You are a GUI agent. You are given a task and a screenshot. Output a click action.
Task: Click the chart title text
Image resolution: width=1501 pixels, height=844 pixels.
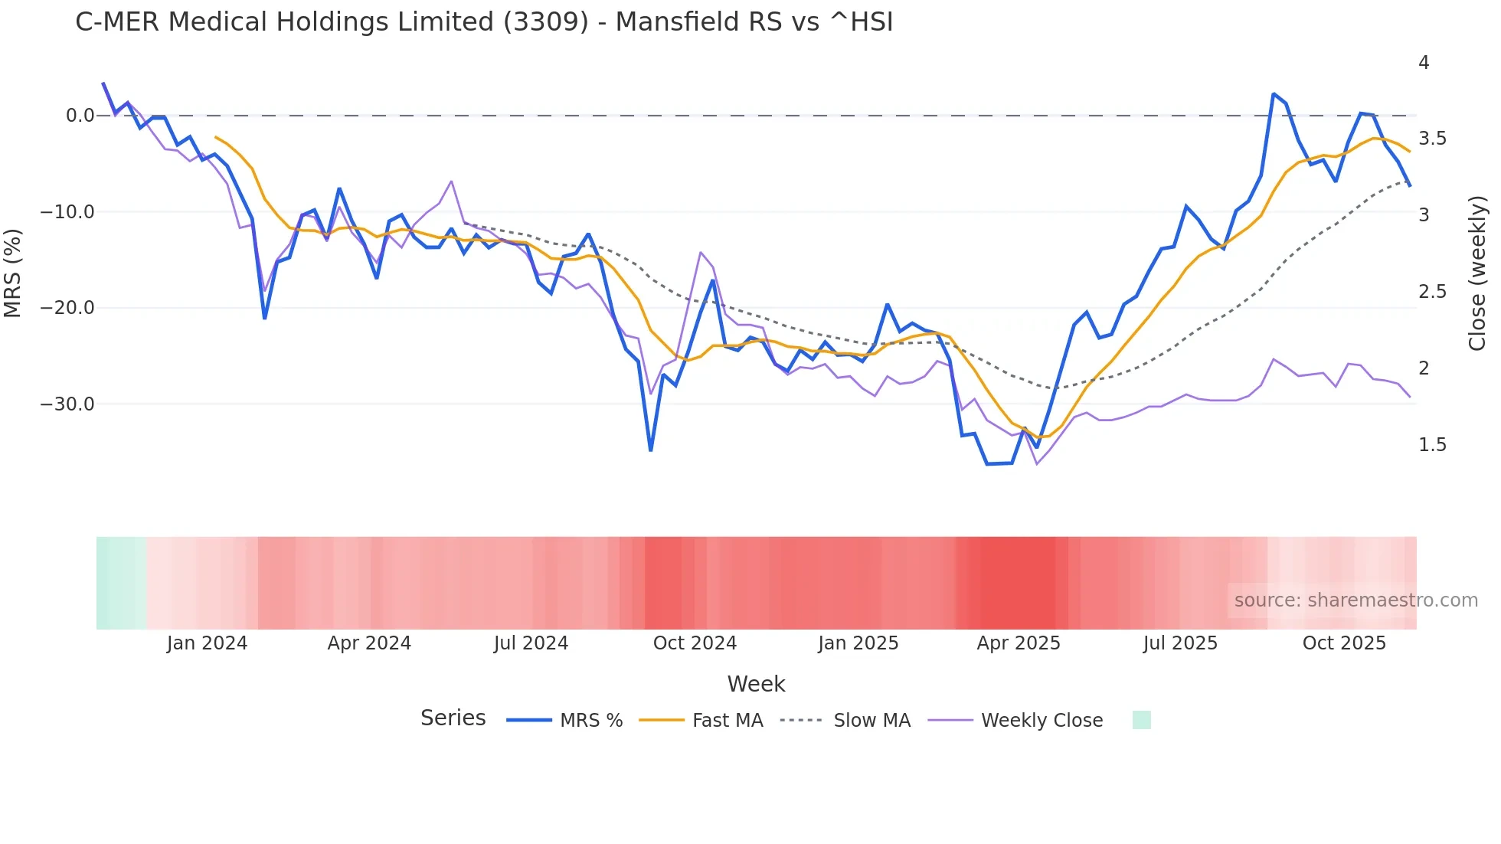pos(484,22)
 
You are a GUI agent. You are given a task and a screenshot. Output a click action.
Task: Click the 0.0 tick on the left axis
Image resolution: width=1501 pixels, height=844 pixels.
pos(80,116)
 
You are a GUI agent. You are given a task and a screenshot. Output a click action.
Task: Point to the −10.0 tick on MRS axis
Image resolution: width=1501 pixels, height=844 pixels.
pos(67,212)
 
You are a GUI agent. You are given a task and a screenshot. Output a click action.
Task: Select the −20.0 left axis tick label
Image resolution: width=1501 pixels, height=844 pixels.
pos(67,308)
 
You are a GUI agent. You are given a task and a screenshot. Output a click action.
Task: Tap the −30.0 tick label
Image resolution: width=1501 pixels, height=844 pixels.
pos(67,404)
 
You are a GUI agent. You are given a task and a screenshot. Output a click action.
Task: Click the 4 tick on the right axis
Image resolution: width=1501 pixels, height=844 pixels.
pos(1424,63)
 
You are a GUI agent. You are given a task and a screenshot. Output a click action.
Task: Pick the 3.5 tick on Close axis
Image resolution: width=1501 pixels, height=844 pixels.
pos(1432,139)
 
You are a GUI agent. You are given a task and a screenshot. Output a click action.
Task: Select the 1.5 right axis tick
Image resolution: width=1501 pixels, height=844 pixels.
pos(1432,445)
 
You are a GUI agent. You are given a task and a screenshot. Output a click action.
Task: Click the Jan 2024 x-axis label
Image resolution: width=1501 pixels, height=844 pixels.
pos(207,643)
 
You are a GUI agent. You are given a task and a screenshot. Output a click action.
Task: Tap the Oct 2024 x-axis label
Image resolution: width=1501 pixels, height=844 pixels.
pos(695,643)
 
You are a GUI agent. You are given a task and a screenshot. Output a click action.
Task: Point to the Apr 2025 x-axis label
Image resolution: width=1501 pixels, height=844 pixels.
pos(1019,643)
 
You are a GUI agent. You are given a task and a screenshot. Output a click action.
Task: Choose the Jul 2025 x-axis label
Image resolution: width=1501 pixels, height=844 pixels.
pos(1180,643)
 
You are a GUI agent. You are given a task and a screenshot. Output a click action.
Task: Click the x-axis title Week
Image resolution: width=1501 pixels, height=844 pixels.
pos(756,684)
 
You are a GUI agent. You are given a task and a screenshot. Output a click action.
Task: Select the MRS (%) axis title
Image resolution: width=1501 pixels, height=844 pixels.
pos(13,273)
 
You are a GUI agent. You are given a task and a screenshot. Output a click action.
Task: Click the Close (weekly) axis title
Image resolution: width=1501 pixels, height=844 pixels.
pos(1477,273)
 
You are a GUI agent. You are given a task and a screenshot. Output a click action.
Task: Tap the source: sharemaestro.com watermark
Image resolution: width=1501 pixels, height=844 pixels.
pos(1355,600)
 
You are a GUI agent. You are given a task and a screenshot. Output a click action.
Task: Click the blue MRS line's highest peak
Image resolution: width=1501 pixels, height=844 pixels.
pos(1274,94)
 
